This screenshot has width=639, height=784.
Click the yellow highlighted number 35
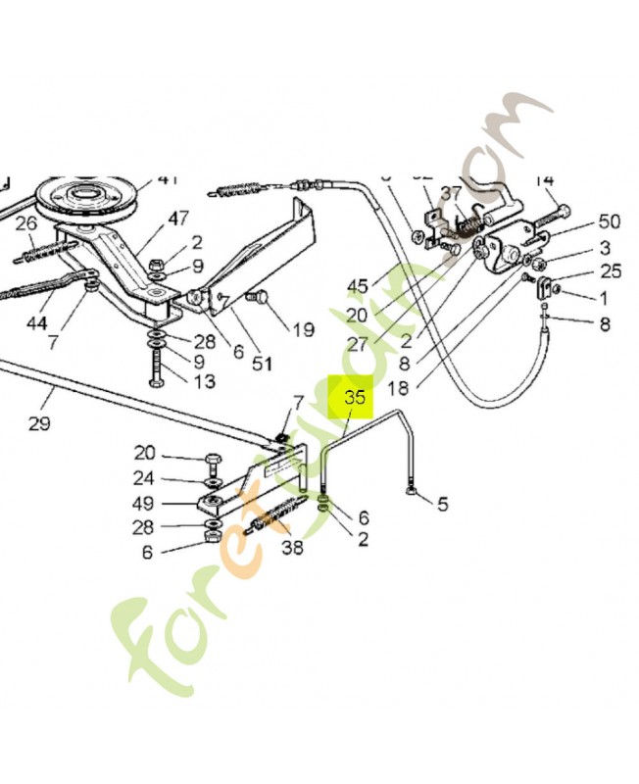(354, 399)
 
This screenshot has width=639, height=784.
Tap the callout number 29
(38, 423)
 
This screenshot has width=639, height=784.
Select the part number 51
(262, 364)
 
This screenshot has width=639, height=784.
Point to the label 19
(303, 329)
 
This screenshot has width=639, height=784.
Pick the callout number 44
(35, 321)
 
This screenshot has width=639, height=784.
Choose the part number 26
(25, 223)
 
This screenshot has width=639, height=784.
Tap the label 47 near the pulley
(177, 218)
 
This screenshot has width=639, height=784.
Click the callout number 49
(145, 504)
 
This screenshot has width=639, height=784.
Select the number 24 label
(145, 479)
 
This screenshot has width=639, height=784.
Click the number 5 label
(442, 505)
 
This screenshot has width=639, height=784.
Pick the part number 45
(357, 286)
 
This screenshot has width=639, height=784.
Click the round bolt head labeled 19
(260, 296)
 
